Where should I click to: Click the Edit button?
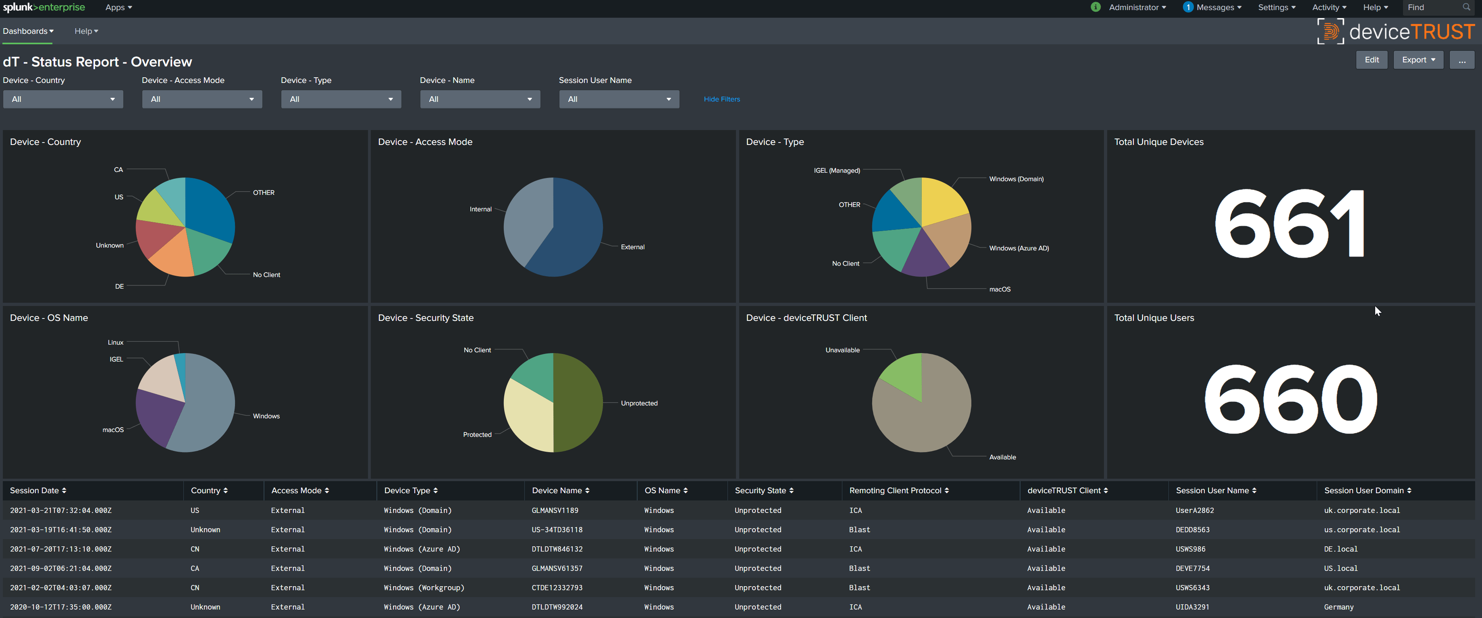point(1372,60)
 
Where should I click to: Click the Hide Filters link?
point(721,99)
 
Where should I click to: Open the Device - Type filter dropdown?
point(341,99)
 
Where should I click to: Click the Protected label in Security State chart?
point(477,434)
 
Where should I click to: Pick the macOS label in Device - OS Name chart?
point(113,430)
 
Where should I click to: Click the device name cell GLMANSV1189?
point(555,511)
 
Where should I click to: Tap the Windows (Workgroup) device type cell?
point(424,587)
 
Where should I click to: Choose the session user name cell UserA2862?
point(1194,511)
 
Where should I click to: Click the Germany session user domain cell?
point(1338,607)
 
